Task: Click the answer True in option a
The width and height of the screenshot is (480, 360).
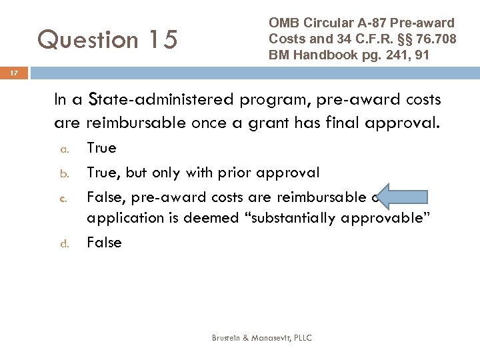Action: coord(101,148)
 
